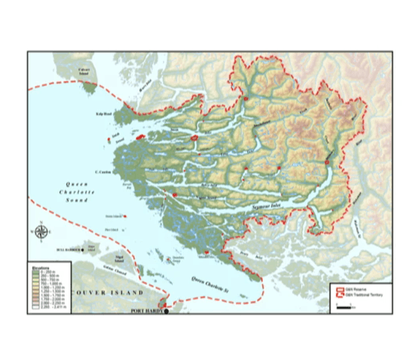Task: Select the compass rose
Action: click(x=42, y=232)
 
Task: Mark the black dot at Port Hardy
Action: click(x=166, y=311)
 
